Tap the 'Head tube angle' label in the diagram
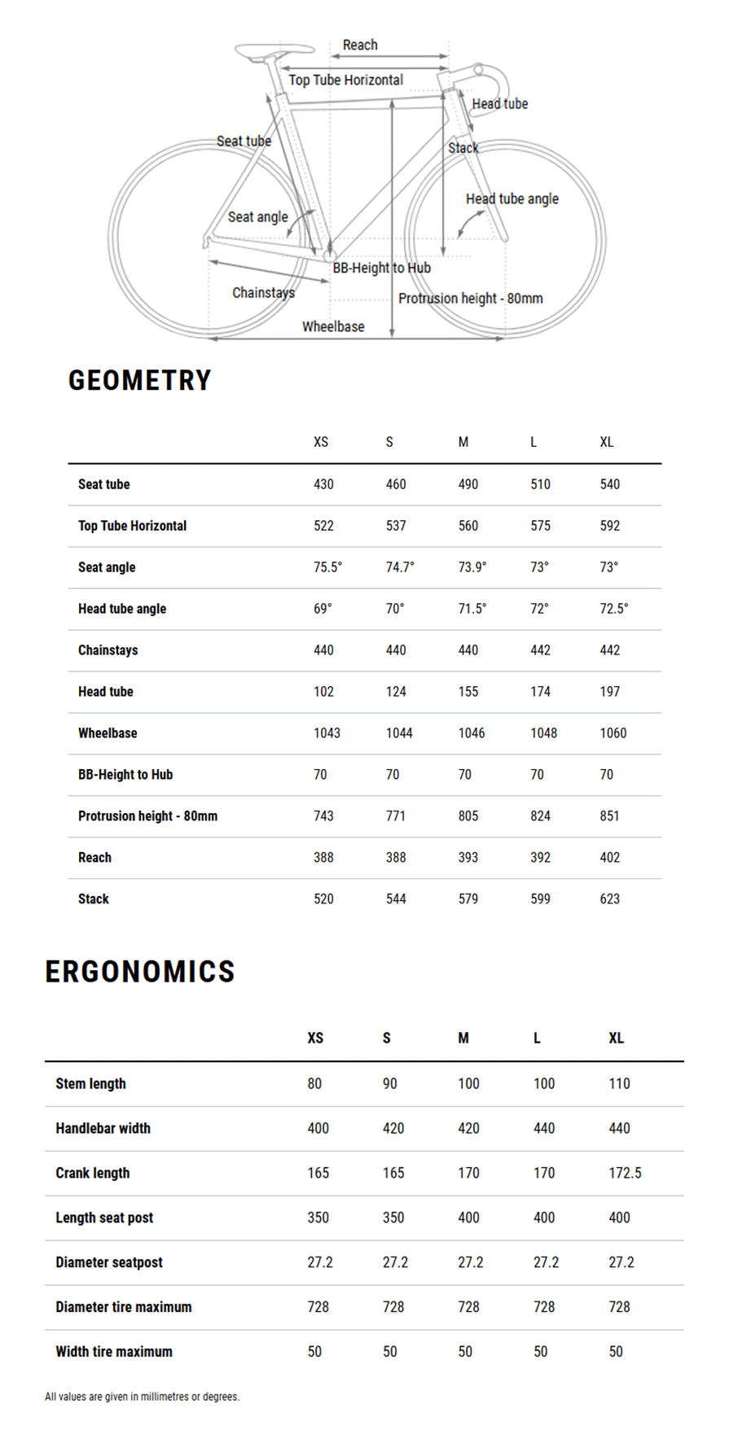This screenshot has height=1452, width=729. [x=512, y=199]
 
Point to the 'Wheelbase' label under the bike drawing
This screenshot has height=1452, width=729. [x=333, y=326]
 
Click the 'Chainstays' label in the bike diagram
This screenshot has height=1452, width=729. [x=263, y=292]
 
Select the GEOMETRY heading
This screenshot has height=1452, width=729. [x=139, y=380]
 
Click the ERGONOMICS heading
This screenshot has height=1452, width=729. [x=139, y=971]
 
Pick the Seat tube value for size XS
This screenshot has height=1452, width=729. [x=323, y=484]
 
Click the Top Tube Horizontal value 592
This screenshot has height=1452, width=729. [x=609, y=526]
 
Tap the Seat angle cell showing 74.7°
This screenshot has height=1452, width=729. [x=399, y=567]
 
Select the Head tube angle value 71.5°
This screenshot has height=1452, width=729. [x=472, y=609]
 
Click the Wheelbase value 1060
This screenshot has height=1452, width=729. [x=613, y=733]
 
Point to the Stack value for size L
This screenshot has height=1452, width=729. [x=540, y=899]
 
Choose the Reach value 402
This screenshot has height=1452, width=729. [x=609, y=858]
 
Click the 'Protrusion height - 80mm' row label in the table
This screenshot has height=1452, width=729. [x=147, y=816]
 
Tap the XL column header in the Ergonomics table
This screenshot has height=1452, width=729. [x=616, y=1038]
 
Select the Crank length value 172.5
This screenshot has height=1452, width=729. [x=625, y=1173]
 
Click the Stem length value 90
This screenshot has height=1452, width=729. [x=389, y=1083]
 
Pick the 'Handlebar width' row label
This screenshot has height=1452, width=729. [x=103, y=1128]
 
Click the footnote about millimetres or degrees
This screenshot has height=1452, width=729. [x=142, y=1397]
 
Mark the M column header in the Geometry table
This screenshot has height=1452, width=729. [x=463, y=442]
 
